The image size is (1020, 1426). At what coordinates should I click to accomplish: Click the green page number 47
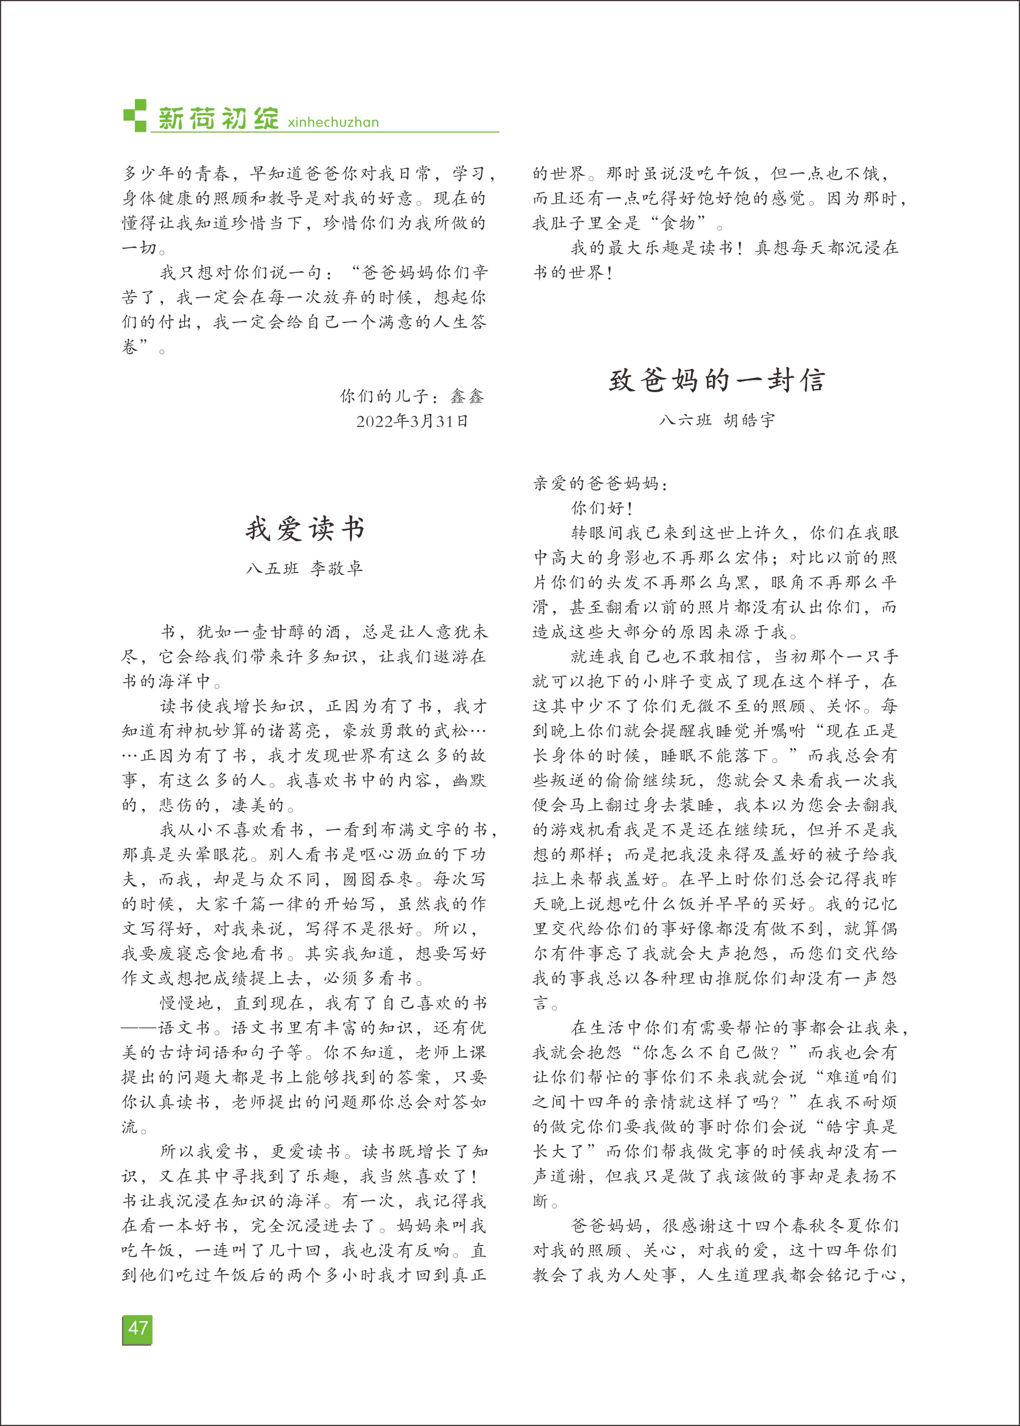tap(137, 1328)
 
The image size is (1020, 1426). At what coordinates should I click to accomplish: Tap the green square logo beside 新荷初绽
tap(135, 115)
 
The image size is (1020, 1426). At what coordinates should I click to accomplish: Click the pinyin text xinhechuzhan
tap(333, 122)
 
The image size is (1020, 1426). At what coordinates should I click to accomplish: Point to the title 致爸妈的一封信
tap(716, 380)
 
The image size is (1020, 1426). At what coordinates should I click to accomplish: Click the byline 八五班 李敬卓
tap(305, 568)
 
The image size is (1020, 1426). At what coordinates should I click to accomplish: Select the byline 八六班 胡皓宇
tap(717, 419)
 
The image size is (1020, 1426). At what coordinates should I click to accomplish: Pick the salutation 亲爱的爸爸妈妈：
tap(601, 483)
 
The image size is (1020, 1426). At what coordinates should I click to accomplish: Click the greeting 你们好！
tap(602, 508)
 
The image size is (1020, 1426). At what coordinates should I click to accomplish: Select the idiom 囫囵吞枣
tap(378, 879)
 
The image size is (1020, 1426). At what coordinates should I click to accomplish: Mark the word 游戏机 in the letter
tap(578, 830)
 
